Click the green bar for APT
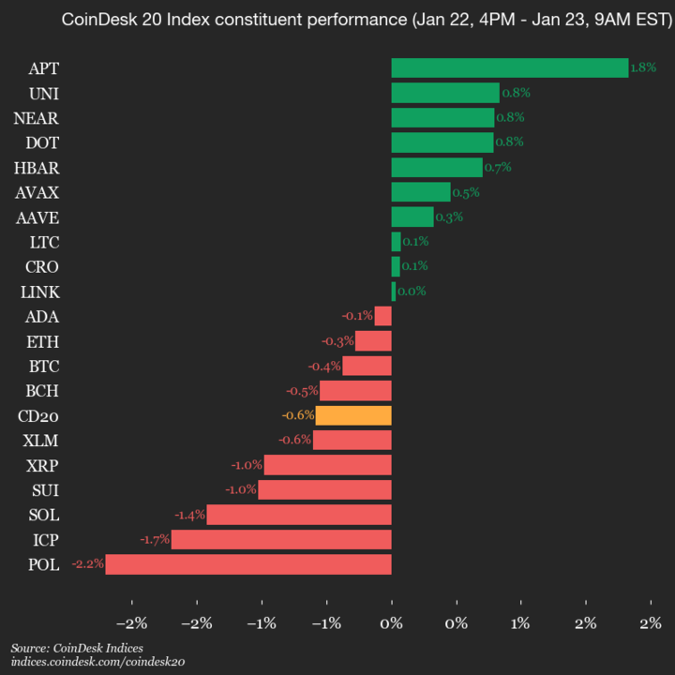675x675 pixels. [509, 67]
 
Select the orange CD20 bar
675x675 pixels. [353, 415]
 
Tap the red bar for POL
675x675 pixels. [248, 564]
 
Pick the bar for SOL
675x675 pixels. [299, 515]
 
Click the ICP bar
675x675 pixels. [281, 540]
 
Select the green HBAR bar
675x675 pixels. [437, 167]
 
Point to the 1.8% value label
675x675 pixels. [643, 67]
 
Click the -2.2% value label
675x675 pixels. [87, 564]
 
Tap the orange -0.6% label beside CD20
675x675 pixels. [297, 415]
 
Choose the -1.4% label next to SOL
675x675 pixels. [189, 515]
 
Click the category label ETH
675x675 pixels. [42, 341]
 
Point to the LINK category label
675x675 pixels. [39, 292]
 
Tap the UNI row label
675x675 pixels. [43, 93]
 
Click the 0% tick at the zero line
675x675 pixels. [391, 622]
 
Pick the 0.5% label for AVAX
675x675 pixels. [466, 192]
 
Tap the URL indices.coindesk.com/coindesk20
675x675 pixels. [97, 662]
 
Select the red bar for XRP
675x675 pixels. [327, 465]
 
